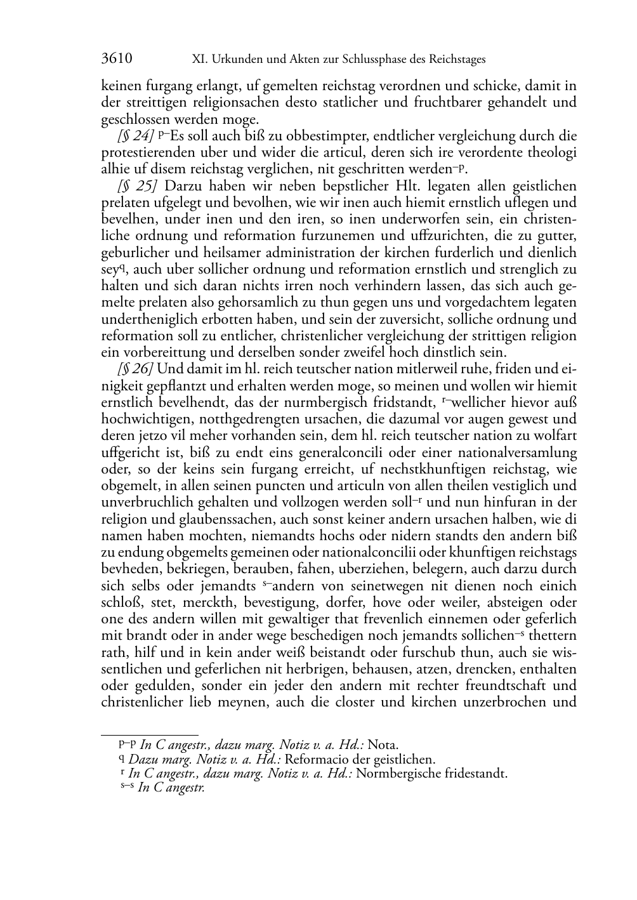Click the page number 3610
117,59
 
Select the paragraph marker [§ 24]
135,136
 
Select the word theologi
552,153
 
